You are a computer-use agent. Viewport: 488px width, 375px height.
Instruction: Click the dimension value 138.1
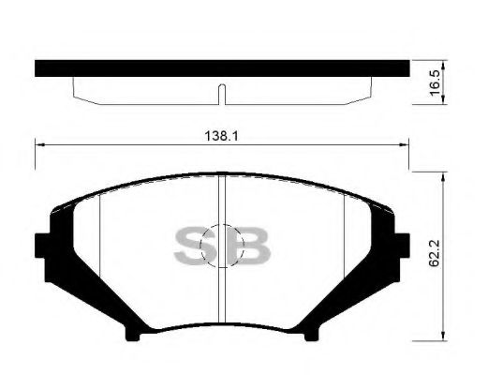(x=218, y=135)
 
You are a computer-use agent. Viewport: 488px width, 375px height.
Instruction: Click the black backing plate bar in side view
(x=222, y=68)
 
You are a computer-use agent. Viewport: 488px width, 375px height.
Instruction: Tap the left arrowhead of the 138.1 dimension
(x=38, y=143)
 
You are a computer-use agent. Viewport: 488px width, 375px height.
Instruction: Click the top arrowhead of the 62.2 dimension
(x=442, y=175)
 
